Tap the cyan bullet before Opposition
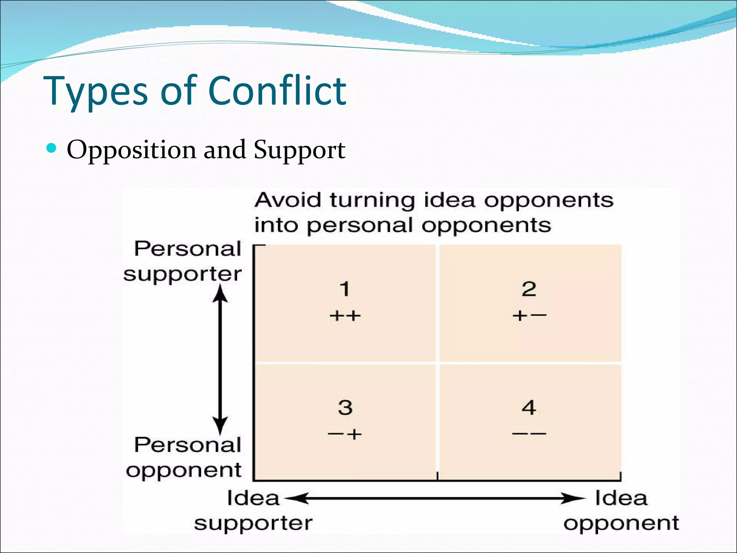pos(52,148)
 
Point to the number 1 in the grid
pos(345,289)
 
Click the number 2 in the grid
pos(529,289)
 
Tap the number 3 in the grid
pos(345,408)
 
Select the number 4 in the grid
pos(529,408)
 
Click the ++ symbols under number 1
pos(345,316)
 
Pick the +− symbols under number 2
pos(529,316)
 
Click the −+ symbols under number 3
pos(345,434)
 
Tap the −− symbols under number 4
pos(529,434)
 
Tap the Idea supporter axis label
pos(253,511)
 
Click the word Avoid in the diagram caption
pos(288,200)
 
